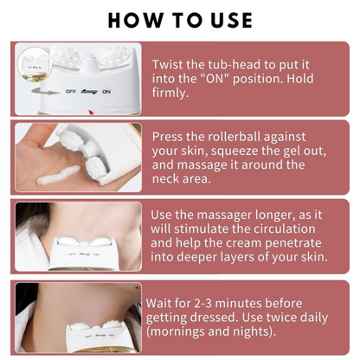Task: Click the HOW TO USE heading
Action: click(180, 19)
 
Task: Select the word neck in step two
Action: click(169, 181)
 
